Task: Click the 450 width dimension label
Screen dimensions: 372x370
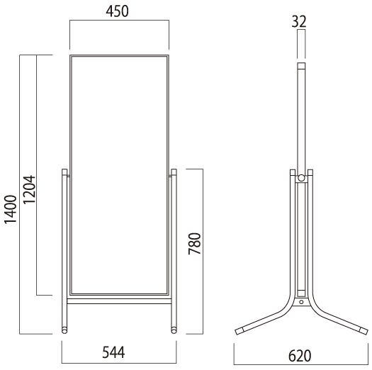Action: pyautogui.click(x=117, y=11)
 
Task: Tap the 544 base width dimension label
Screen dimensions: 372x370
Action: pyautogui.click(x=113, y=352)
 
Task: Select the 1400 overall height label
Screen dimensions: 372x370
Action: pyautogui.click(x=11, y=209)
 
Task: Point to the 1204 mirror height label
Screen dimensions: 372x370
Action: pyautogui.click(x=30, y=189)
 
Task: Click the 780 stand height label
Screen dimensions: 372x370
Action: pyautogui.click(x=195, y=244)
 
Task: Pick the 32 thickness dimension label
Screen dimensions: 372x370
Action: pyautogui.click(x=299, y=21)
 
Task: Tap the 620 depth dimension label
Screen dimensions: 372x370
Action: pyautogui.click(x=300, y=356)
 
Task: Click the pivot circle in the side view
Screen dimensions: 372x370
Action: pyautogui.click(x=301, y=178)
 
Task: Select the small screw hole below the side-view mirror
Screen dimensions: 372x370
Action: pyautogui.click(x=301, y=302)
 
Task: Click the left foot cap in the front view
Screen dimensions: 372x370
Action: pyautogui.click(x=64, y=330)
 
